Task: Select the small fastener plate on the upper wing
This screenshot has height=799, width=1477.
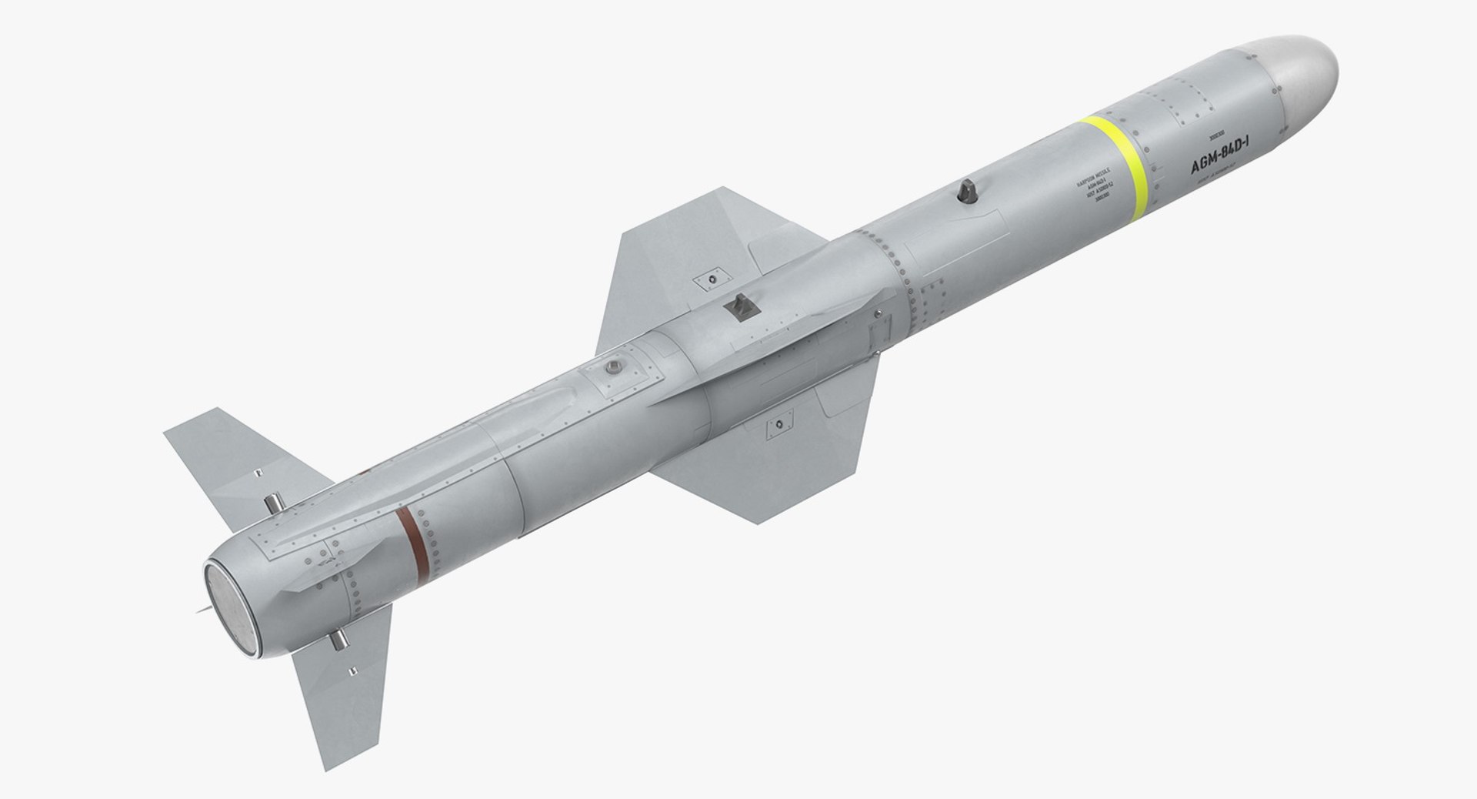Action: coord(711,278)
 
